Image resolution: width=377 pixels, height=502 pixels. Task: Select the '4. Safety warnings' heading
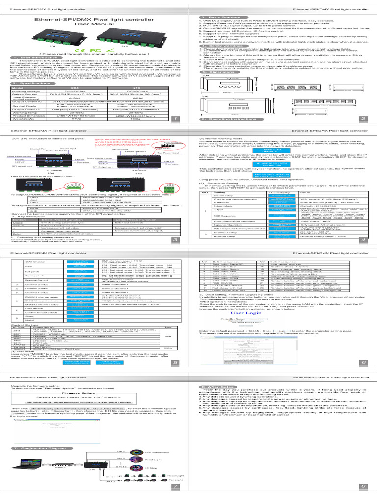coord(214,46)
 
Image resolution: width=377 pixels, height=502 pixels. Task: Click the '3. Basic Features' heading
coord(213,17)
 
